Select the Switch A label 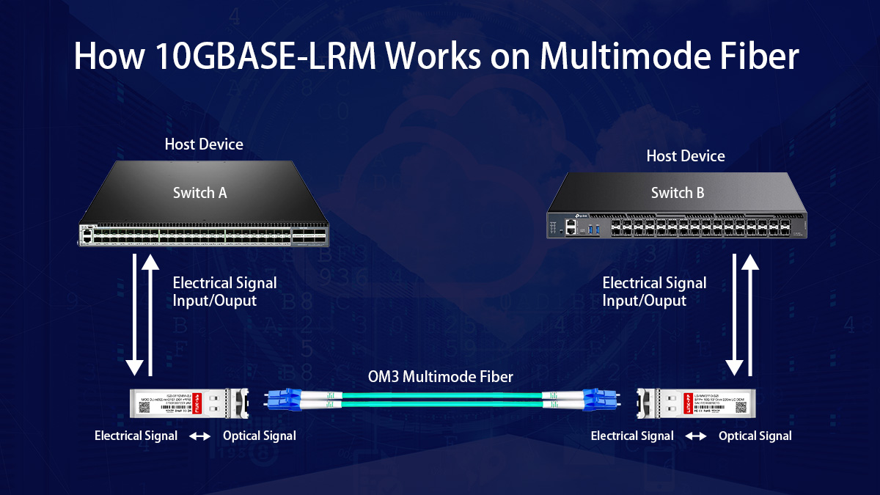pos(199,193)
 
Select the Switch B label pos(678,193)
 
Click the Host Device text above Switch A pos(204,144)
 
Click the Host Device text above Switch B pos(685,156)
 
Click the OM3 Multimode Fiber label pos(440,377)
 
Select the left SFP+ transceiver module pos(183,402)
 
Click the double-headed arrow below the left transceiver pos(199,436)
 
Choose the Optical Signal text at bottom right pos(755,436)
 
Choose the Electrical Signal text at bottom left pos(136,436)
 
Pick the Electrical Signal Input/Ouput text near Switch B pos(654,291)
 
